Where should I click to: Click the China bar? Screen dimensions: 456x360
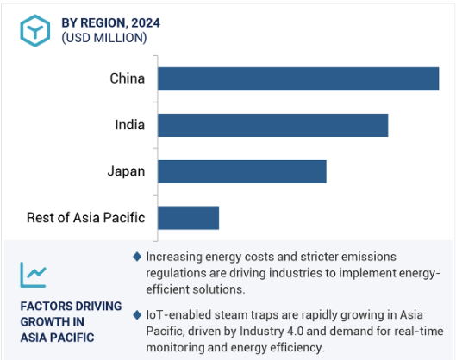298,78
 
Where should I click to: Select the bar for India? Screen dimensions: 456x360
272,125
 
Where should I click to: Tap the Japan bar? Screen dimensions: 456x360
242,171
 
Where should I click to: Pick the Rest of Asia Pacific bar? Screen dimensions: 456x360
189,218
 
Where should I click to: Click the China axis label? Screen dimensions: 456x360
127,78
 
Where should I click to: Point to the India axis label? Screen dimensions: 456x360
129,125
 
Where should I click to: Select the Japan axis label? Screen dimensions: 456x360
126,171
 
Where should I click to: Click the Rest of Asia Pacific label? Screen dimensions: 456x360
86,218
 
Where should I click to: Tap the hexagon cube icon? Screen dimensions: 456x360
34,30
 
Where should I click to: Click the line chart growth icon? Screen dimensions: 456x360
33,275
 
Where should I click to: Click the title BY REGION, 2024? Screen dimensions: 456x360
111,23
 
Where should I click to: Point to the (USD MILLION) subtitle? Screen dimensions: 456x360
104,38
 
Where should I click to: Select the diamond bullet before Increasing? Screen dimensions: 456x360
137,257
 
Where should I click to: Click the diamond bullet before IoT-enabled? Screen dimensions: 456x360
137,314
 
